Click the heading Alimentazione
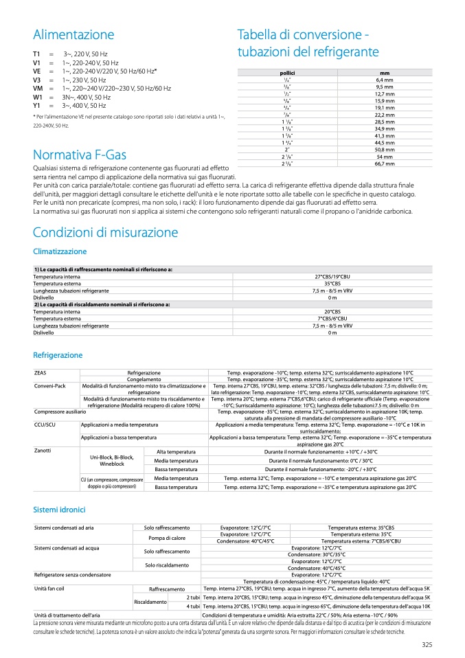pos(73,35)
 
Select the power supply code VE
pos(37,71)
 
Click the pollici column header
pos(287,73)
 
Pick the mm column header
pos(384,73)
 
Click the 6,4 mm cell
pos(384,80)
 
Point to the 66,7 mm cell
pos(384,163)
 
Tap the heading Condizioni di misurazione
pos(105,232)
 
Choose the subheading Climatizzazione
pos(60,252)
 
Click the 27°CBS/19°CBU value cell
pos(332,277)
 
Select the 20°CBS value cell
pos(332,311)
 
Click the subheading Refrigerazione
pos(58,355)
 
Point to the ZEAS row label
pos(41,372)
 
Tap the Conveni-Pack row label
pos(50,386)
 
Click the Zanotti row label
pos(43,451)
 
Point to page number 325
pos(427,644)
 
